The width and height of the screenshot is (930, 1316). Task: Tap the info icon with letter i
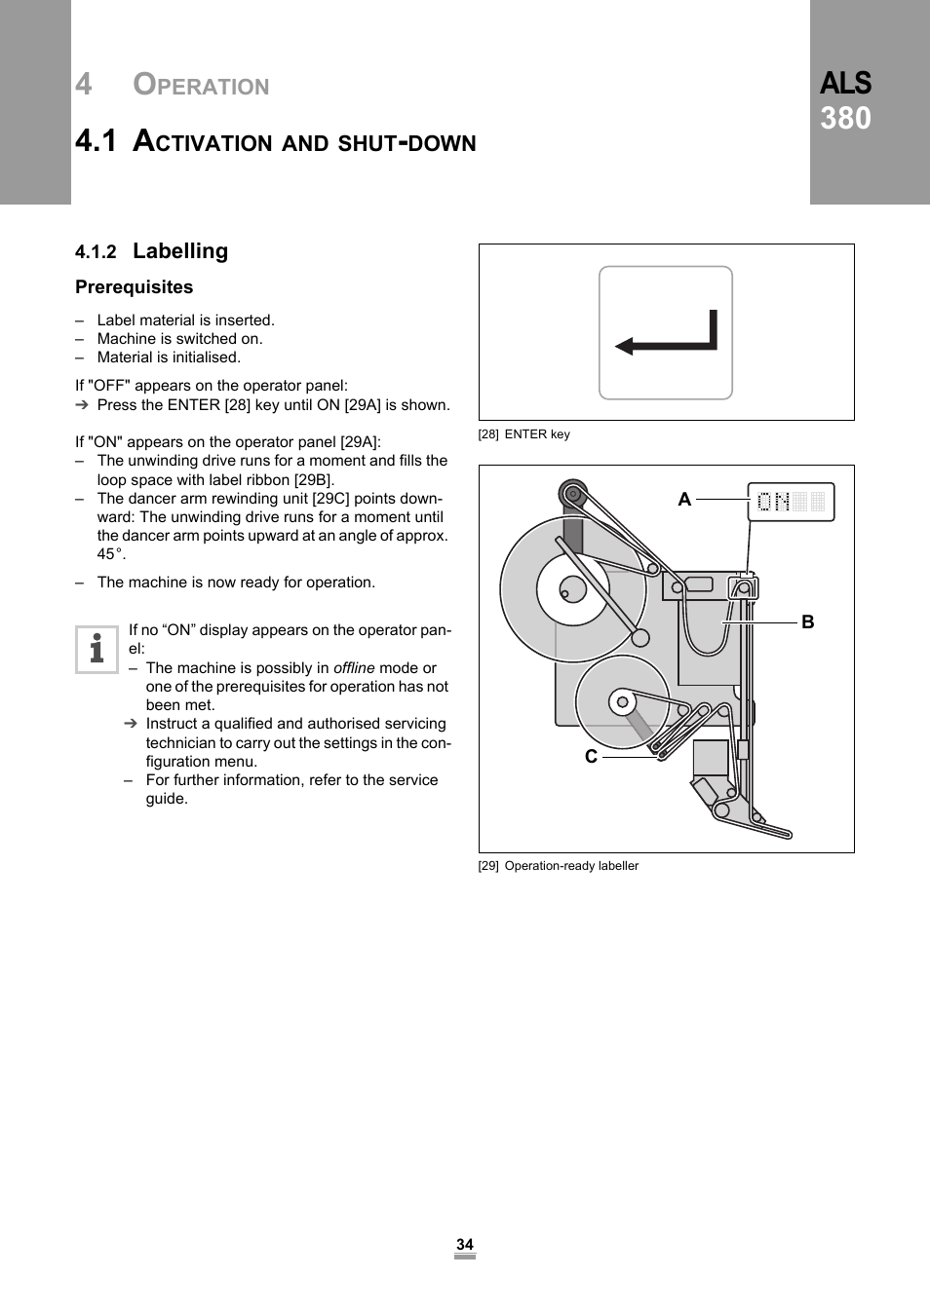click(97, 649)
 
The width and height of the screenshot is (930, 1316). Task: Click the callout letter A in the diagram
click(684, 500)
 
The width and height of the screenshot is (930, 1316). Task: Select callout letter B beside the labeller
click(807, 622)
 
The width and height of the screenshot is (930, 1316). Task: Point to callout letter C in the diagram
click(591, 757)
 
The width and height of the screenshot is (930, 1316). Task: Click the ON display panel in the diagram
click(791, 502)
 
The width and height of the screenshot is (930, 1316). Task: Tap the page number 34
click(465, 1245)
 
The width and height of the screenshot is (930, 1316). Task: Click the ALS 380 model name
click(845, 100)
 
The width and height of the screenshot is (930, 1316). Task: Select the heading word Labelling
click(180, 251)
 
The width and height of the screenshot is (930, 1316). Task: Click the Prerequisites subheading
click(135, 287)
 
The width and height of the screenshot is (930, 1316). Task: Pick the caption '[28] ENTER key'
click(524, 434)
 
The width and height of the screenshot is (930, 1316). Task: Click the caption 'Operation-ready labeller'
click(571, 866)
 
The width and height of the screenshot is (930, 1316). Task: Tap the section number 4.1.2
click(96, 252)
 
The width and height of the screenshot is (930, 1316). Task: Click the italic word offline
click(354, 668)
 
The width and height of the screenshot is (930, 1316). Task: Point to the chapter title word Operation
click(201, 86)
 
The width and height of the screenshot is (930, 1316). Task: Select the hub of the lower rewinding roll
click(622, 701)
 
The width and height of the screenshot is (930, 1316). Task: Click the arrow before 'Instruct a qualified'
click(131, 724)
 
